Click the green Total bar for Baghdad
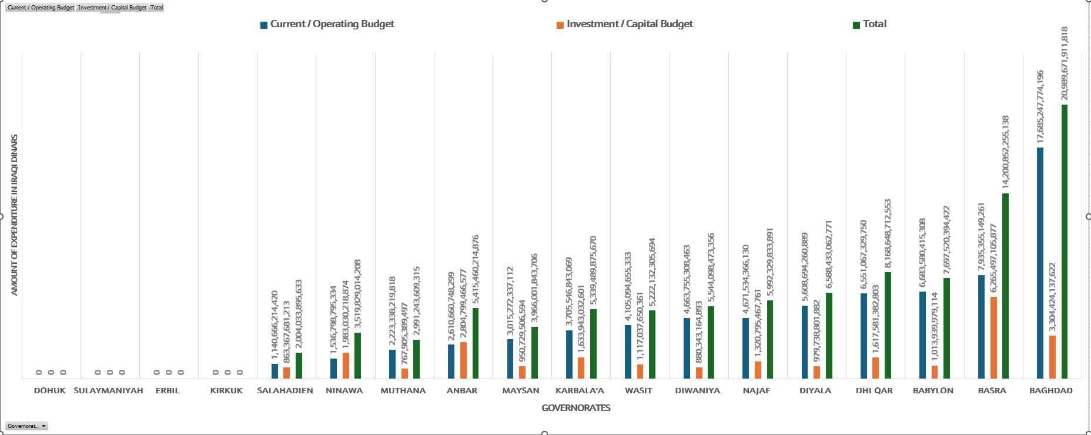[x=1065, y=241]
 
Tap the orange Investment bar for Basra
[x=993, y=337]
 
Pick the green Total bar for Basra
[x=1005, y=286]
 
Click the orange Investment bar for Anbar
[x=464, y=360]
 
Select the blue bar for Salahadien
[x=275, y=371]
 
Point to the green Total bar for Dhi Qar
[x=888, y=325]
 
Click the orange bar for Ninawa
[x=346, y=365]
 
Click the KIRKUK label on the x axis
[x=226, y=390]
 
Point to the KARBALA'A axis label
[x=580, y=390]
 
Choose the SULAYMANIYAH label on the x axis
[x=109, y=390]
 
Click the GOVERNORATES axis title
[x=575, y=407]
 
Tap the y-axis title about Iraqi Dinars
[x=15, y=215]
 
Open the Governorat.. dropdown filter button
[x=26, y=426]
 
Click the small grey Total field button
[x=156, y=8]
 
